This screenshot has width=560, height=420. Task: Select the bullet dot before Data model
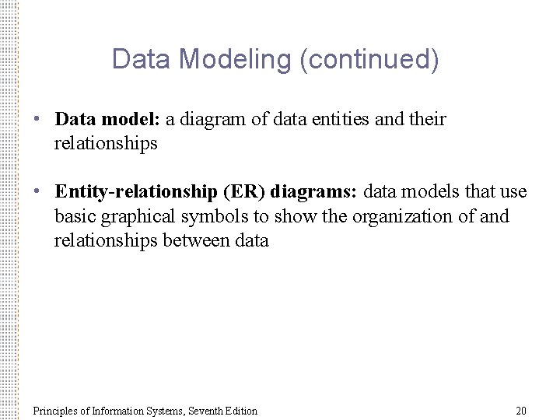(x=37, y=120)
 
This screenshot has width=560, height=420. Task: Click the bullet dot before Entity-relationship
(x=37, y=192)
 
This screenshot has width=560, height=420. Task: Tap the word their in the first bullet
(x=427, y=120)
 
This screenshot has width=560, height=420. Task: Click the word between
(x=197, y=241)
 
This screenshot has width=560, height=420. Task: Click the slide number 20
(x=521, y=411)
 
